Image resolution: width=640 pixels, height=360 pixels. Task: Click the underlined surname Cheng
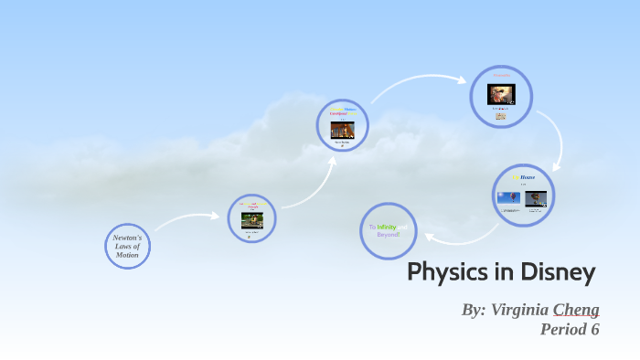coord(575,309)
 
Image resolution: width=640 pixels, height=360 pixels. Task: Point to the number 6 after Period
coord(594,330)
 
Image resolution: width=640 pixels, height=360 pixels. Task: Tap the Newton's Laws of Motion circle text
coord(127,246)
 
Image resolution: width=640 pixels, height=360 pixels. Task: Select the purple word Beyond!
coord(389,235)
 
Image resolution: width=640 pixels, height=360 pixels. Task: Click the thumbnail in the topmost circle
coord(501,93)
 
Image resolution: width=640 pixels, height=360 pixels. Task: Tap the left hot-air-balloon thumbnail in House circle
coord(508,197)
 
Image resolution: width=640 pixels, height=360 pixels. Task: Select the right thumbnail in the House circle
coord(536,197)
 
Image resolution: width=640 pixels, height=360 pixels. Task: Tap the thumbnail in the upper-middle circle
coord(342,129)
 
